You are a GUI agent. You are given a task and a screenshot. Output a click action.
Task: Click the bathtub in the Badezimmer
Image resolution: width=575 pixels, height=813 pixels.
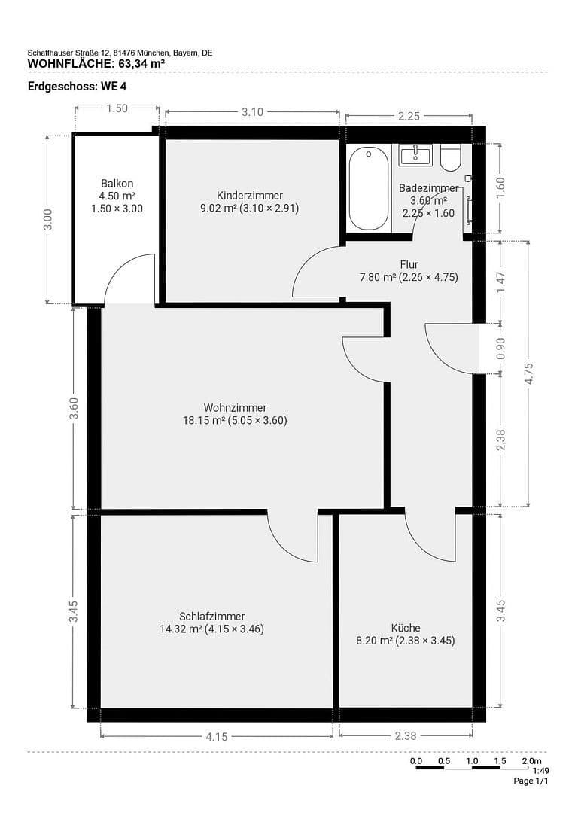point(369,187)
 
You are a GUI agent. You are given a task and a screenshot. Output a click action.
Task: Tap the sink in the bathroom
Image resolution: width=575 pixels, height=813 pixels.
point(415,155)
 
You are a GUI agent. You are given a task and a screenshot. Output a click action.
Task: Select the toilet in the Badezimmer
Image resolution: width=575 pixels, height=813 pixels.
point(451,157)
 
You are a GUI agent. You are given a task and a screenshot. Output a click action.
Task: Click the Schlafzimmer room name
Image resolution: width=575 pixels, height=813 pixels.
point(211,616)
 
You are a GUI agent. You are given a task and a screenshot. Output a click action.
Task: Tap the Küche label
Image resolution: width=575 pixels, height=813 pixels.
point(406,628)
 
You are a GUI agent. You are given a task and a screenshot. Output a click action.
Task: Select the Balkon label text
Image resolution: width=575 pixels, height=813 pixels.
point(117,184)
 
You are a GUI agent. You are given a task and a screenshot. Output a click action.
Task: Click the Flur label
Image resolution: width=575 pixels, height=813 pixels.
point(409,264)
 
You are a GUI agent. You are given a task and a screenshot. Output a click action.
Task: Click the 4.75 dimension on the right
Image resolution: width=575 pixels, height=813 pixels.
point(528,373)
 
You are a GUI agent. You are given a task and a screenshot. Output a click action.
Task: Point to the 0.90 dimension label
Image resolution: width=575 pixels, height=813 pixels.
point(501,348)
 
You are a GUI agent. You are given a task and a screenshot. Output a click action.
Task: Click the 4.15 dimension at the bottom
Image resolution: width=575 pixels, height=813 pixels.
point(216,736)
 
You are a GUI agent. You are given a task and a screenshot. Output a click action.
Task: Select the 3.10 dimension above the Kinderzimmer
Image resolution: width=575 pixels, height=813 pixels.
point(252,112)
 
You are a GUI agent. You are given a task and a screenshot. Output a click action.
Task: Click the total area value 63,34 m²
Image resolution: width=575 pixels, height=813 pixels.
point(136,63)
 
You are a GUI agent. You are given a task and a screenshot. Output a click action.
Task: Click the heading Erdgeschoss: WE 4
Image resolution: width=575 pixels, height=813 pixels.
point(67,86)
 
